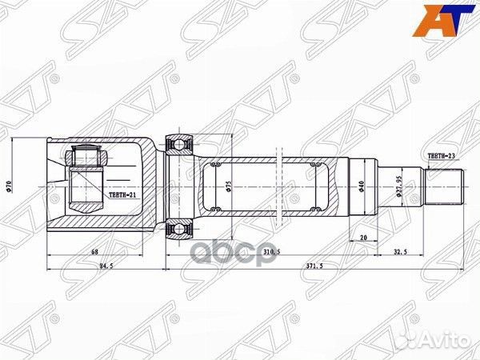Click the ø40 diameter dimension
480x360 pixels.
362,186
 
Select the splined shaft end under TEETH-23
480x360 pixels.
443,187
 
